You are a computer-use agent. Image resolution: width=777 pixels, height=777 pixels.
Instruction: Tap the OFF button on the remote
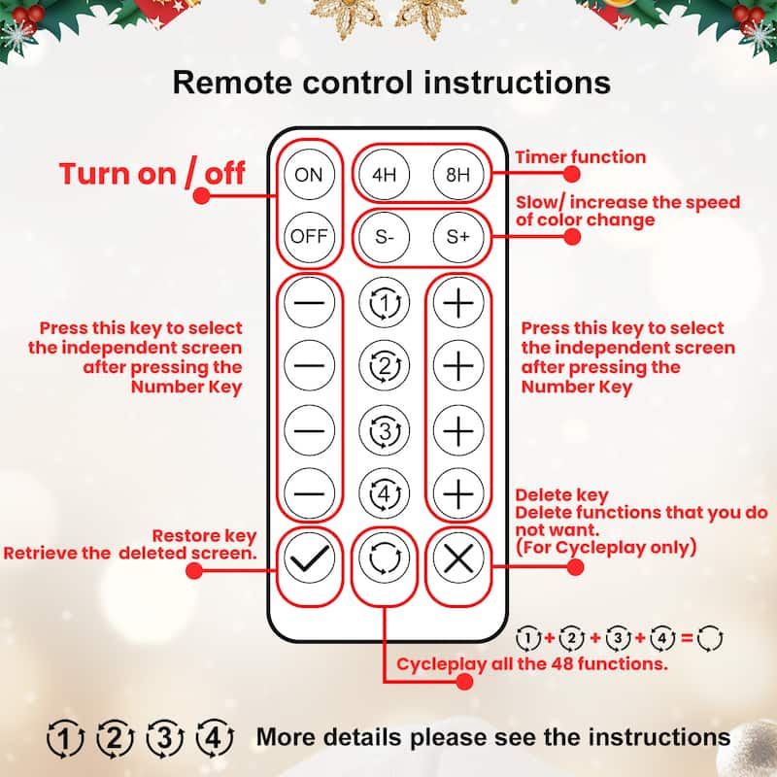(x=309, y=236)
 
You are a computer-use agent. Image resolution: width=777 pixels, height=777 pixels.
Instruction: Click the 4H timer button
(x=384, y=176)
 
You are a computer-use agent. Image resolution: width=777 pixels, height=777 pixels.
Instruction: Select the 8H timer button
(x=457, y=176)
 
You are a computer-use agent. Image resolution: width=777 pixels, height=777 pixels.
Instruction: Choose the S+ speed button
(x=457, y=236)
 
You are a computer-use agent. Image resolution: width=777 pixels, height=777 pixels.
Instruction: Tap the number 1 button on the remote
(x=385, y=304)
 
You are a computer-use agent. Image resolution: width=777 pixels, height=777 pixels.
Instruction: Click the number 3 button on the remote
(x=385, y=429)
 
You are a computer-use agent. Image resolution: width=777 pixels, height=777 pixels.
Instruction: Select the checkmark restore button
(x=310, y=558)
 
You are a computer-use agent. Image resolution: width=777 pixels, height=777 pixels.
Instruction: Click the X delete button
(x=457, y=558)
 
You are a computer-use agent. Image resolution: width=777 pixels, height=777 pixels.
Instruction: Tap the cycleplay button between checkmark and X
(x=385, y=558)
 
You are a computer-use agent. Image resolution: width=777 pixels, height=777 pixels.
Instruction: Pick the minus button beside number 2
(x=310, y=366)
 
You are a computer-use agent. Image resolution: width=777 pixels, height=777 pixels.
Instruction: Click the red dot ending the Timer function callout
(x=572, y=175)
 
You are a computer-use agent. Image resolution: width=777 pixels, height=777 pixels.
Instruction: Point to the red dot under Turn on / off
(x=202, y=195)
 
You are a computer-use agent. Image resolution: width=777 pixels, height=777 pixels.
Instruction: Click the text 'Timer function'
(x=580, y=156)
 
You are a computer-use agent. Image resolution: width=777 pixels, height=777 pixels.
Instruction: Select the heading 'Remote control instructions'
(x=391, y=82)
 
